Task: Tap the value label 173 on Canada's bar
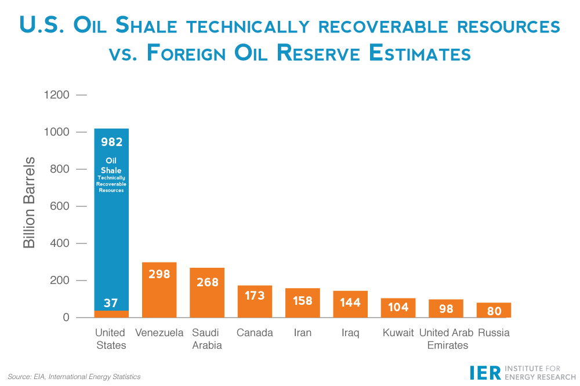pyautogui.click(x=255, y=296)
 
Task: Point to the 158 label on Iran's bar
pyautogui.click(x=302, y=301)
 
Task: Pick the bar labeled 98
pyautogui.click(x=446, y=308)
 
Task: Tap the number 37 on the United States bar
pyautogui.click(x=111, y=303)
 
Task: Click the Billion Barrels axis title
pyautogui.click(x=30, y=203)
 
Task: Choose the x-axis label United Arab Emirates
pyautogui.click(x=447, y=338)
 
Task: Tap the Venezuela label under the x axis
pyautogui.click(x=159, y=333)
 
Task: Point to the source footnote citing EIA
pyautogui.click(x=74, y=377)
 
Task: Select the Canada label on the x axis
pyautogui.click(x=255, y=333)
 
